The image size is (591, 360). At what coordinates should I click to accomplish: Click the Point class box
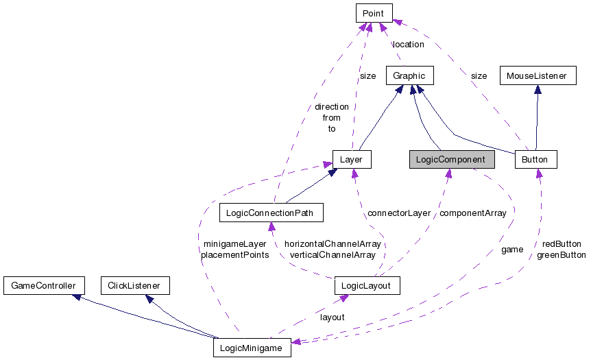point(374,12)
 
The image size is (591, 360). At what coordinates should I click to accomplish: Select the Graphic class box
point(409,75)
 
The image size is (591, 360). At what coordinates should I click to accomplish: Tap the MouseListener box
point(537,75)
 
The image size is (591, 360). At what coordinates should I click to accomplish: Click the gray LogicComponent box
point(451,160)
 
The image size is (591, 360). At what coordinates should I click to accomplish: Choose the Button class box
point(535,160)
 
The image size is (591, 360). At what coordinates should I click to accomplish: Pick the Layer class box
point(351,160)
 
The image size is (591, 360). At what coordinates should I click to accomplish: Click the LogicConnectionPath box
point(270,213)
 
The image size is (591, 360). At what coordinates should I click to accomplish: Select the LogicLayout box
point(366,285)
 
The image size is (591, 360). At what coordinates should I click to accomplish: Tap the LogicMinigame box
point(252,348)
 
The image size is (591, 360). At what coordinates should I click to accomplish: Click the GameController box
point(44,285)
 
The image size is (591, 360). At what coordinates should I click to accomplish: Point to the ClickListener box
point(134,285)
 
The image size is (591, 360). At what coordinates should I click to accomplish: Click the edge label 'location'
point(408,44)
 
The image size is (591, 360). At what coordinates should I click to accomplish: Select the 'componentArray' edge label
point(472,213)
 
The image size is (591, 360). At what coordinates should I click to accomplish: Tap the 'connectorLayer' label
point(399,213)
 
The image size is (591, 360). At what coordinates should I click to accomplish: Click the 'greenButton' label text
point(561,254)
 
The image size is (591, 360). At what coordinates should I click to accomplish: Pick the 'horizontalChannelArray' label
point(333,243)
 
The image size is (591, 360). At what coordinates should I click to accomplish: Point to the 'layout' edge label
point(332,317)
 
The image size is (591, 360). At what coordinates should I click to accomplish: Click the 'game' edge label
point(512,250)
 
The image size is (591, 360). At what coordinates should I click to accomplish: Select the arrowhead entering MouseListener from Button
point(537,88)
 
